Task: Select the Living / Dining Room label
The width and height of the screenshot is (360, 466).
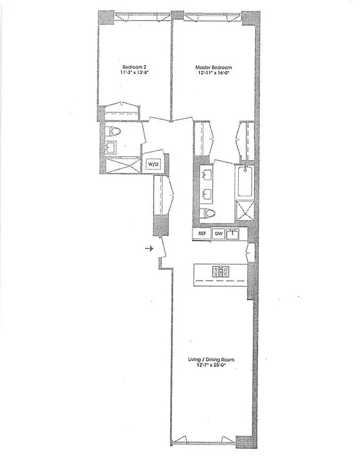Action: (x=211, y=359)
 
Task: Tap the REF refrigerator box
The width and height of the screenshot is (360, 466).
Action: (x=202, y=234)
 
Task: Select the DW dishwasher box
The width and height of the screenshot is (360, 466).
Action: (x=218, y=234)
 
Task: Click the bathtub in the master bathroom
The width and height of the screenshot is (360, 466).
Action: (x=245, y=182)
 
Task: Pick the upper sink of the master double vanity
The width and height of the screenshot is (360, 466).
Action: (x=205, y=174)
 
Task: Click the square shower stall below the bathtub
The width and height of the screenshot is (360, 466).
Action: (x=245, y=211)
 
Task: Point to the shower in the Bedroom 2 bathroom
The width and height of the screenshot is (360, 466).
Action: (x=122, y=165)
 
